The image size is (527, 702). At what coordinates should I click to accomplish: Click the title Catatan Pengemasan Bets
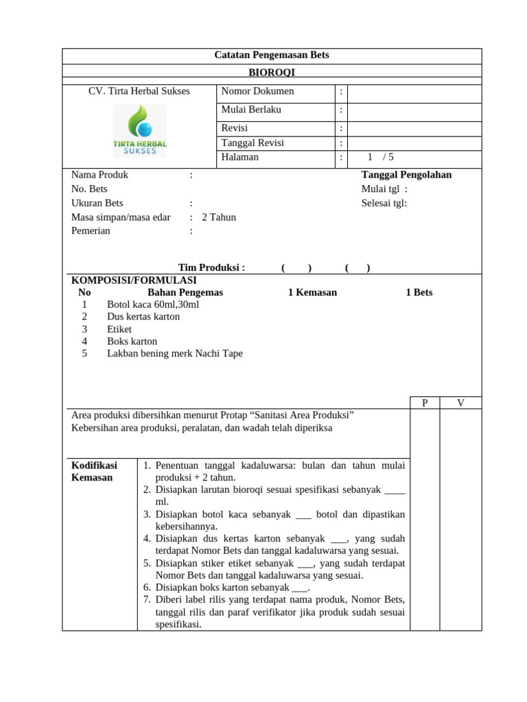272,55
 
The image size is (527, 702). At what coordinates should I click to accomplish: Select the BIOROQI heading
272,71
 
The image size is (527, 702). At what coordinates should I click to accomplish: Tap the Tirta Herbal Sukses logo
139,130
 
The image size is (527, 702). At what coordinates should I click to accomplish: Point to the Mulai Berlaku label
251,110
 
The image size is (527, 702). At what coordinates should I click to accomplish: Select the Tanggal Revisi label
253,143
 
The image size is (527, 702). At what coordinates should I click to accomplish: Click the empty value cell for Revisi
414,128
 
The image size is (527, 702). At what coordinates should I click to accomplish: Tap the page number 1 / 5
381,157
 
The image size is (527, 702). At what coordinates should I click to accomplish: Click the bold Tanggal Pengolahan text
406,175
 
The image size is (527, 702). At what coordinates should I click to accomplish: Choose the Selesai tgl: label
384,203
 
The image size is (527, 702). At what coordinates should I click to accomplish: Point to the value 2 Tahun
219,217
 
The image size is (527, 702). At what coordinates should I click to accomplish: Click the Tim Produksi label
211,267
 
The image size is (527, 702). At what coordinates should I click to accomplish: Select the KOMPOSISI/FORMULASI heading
134,280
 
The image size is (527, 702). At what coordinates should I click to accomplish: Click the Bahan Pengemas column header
185,292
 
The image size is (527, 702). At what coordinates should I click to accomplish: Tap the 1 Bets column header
419,292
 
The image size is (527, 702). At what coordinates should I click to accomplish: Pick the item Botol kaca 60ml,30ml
153,304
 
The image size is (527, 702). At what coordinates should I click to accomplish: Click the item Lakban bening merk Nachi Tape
175,354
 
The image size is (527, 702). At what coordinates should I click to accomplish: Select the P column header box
425,403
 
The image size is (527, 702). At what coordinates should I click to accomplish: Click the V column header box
460,403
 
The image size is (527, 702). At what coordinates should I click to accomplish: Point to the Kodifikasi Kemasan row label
95,471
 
